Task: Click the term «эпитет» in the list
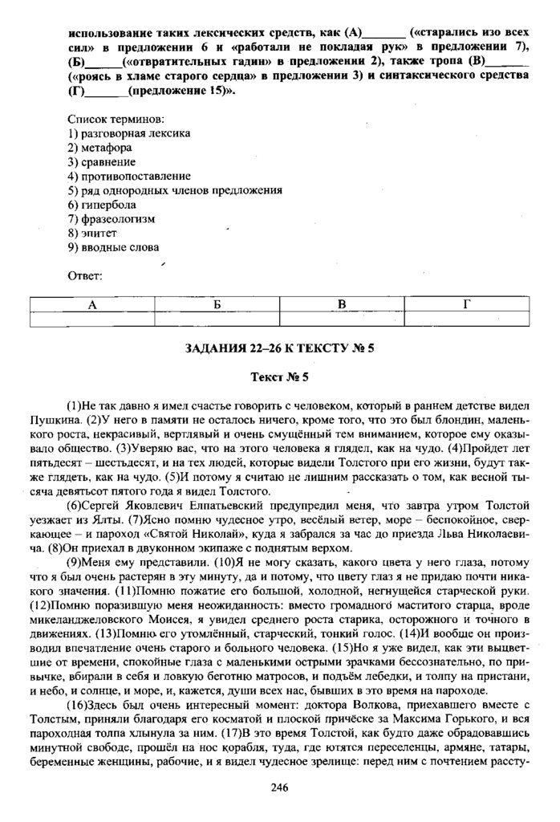(98, 233)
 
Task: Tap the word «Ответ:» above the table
(85, 276)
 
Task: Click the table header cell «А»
(91, 304)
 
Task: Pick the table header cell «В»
(342, 304)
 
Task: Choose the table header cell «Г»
(467, 304)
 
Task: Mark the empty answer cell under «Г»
(467, 319)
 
